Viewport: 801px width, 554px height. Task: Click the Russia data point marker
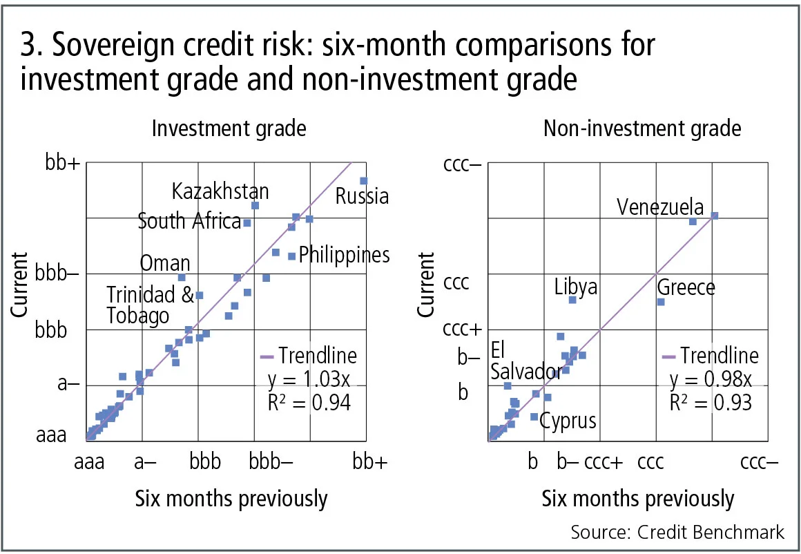pyautogui.click(x=363, y=181)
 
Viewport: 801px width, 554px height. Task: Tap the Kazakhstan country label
pyautogui.click(x=220, y=191)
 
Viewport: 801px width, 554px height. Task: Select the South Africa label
pyautogui.click(x=189, y=221)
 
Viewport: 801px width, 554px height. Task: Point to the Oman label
pyautogui.click(x=165, y=263)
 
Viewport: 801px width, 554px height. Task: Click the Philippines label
pyautogui.click(x=344, y=255)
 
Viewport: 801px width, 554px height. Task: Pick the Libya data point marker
pyautogui.click(x=572, y=300)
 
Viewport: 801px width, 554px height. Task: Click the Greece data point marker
pyautogui.click(x=661, y=302)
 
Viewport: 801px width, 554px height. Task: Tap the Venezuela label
pyautogui.click(x=660, y=207)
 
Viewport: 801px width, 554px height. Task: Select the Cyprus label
pyautogui.click(x=568, y=420)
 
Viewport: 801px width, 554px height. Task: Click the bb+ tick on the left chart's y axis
pyautogui.click(x=62, y=163)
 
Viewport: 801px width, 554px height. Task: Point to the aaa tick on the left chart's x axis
pyautogui.click(x=89, y=461)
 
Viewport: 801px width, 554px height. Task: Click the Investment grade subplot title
pyautogui.click(x=229, y=128)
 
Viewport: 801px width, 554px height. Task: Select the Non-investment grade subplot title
pyautogui.click(x=642, y=128)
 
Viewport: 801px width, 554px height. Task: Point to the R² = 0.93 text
pyautogui.click(x=711, y=402)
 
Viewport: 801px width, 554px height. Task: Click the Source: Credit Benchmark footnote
pyautogui.click(x=677, y=532)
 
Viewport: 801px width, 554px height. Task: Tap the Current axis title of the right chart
pyautogui.click(x=427, y=285)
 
